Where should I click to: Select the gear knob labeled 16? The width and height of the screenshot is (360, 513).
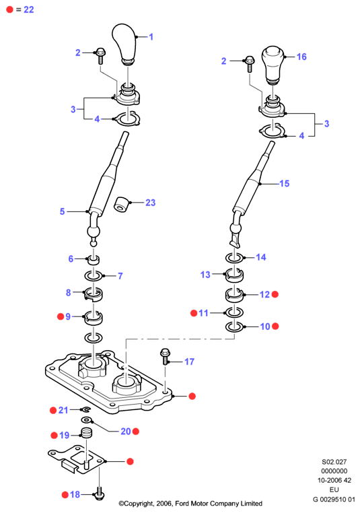coord(273,65)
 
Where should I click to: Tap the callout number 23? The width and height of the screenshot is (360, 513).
coord(151,203)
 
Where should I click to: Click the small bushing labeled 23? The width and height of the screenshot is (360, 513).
coord(121,205)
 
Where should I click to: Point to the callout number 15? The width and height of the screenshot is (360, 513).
coord(285,184)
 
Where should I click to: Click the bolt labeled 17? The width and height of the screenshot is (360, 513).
coord(165,357)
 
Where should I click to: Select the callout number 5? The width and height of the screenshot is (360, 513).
coord(62,211)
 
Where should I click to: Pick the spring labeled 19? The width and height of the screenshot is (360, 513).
coord(86,433)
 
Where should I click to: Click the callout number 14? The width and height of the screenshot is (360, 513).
coord(261,257)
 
